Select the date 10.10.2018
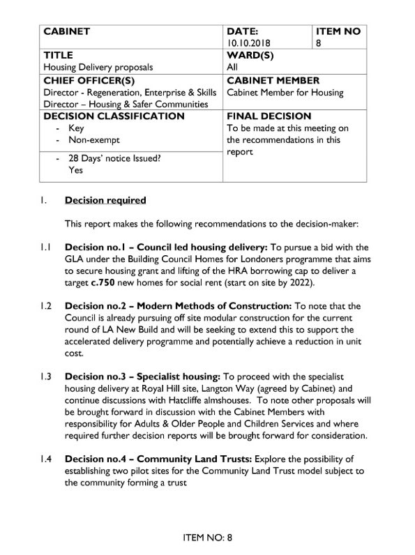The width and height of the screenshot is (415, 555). pos(250,43)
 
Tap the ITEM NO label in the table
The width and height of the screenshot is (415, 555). pos(338,31)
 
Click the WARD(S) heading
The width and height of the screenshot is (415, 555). pos(252,55)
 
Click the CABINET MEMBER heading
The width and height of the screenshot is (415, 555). pos(273,80)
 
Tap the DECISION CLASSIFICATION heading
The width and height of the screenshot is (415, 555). pos(114,116)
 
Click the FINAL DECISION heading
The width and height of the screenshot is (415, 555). pos(269,116)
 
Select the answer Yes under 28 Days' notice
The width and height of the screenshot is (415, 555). pos(75,169)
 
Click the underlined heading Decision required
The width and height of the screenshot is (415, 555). pos(105,201)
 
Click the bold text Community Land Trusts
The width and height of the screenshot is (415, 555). pos(188,459)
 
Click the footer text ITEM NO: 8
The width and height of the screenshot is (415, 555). pos(206,537)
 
